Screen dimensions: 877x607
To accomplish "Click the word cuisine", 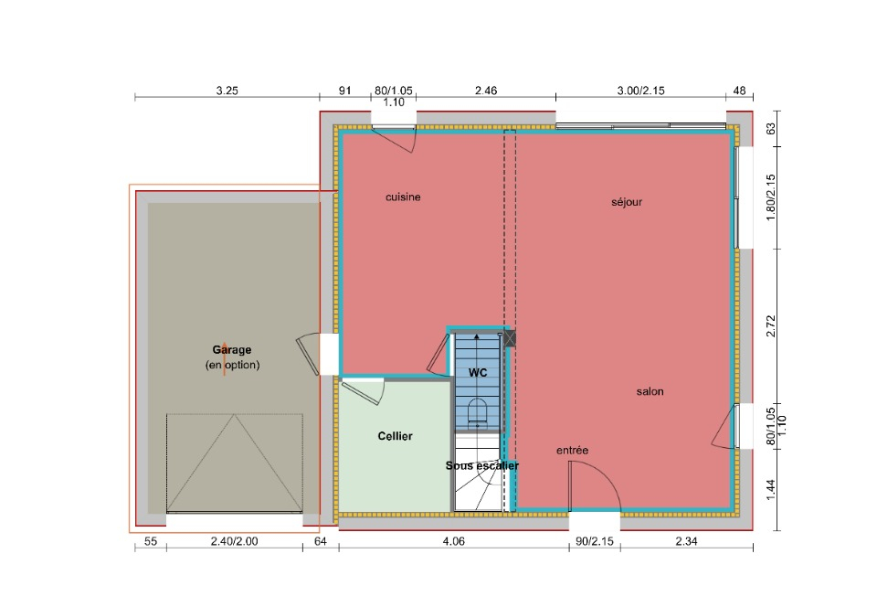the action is [403, 197].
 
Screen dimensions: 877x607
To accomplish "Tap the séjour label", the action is [627, 202].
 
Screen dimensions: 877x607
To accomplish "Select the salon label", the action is [650, 391].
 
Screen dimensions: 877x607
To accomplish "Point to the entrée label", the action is [572, 451].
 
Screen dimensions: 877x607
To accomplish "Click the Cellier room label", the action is [395, 436].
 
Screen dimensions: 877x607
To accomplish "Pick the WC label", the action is [478, 373].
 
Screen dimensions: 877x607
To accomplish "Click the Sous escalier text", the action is [482, 465].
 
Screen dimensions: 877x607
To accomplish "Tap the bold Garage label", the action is [231, 349].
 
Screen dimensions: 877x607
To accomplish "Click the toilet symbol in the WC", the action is [477, 410].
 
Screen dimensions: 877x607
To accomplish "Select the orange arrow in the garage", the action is [225, 358].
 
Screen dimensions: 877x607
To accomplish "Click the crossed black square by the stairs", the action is [510, 338].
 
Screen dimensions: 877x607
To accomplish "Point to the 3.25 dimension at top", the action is [227, 91].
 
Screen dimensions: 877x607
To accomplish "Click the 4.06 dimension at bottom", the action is [454, 541].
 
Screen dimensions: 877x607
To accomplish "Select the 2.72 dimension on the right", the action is [771, 326].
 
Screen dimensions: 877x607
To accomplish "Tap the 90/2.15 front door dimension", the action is [595, 541].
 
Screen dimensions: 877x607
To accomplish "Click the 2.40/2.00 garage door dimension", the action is [235, 541].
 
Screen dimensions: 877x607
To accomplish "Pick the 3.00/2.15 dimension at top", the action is [641, 91].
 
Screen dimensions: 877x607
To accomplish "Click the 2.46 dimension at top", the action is [486, 91].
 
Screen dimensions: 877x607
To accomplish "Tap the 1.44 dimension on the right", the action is [771, 490].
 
